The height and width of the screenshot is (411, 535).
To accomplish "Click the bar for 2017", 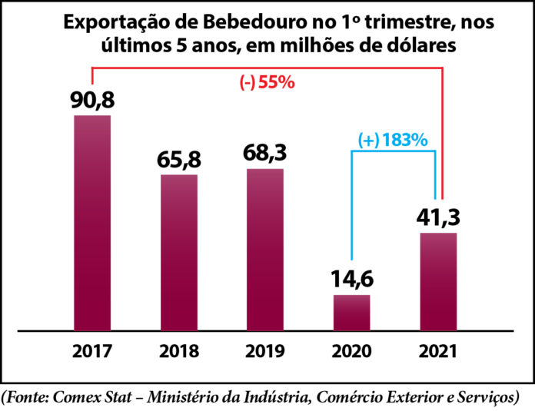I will (92, 223).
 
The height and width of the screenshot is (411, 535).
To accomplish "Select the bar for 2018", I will (179, 252).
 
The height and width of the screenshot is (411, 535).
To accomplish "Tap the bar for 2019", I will (265, 249).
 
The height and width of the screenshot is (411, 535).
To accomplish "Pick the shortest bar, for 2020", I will (351, 312).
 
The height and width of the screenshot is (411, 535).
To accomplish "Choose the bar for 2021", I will (438, 281).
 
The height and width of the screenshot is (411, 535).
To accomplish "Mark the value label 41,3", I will (438, 217).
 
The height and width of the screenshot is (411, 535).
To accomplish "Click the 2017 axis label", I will (92, 352).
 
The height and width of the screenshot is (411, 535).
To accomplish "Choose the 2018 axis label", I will (179, 352).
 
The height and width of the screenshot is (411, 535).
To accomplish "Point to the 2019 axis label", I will (265, 352).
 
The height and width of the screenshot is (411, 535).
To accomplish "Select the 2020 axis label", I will (351, 352).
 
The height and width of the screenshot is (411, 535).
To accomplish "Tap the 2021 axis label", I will (438, 352).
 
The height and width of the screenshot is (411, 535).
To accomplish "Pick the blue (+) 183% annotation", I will (393, 141).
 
